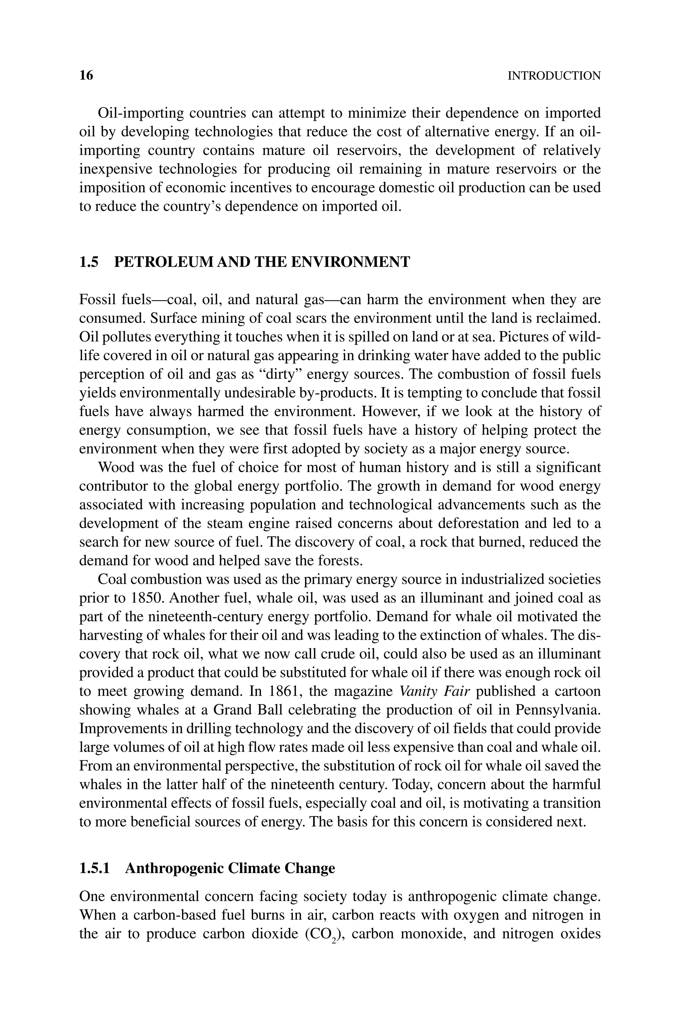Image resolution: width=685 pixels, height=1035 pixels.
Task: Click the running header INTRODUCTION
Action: pyautogui.click(x=554, y=76)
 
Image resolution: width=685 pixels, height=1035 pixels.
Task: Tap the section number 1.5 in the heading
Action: pyautogui.click(x=89, y=262)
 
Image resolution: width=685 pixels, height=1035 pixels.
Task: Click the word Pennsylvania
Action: pyautogui.click(x=558, y=710)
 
